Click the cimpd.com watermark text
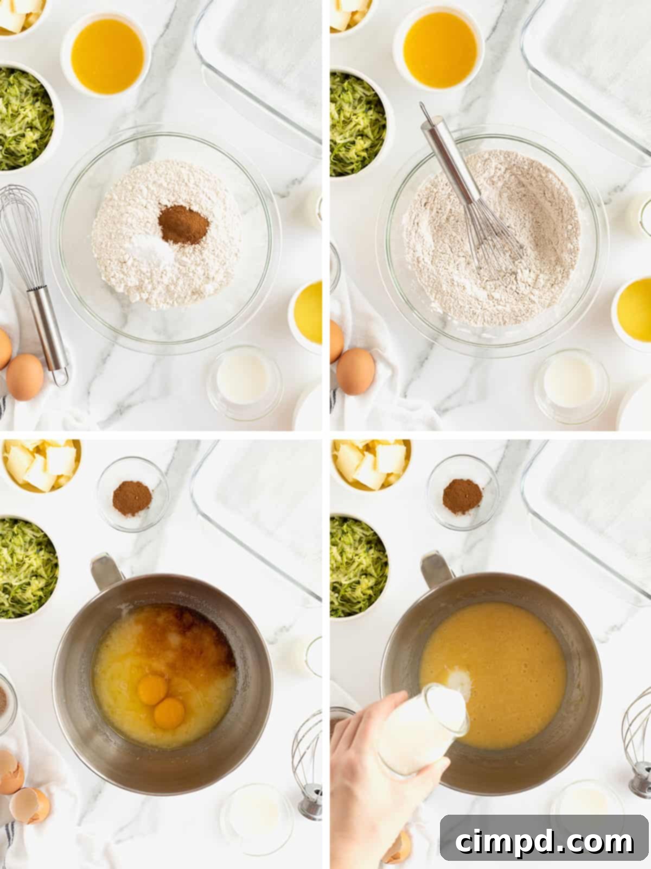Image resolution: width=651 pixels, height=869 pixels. (544, 842)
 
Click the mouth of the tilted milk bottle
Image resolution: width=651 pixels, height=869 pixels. (448, 706)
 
